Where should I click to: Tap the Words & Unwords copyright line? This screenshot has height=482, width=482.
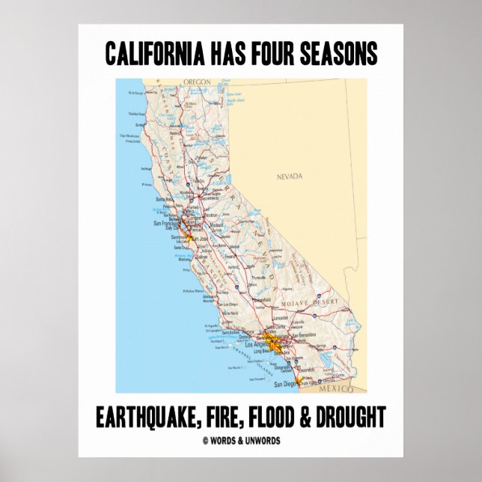click(x=242, y=441)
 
